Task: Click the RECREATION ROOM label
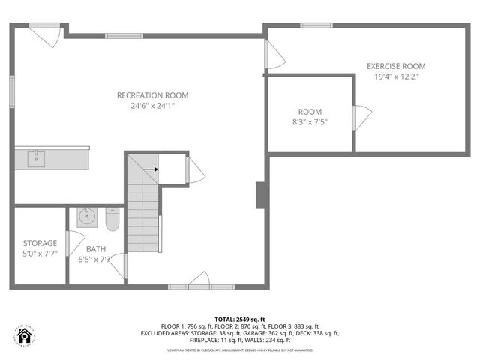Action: point(152,95)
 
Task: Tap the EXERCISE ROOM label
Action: point(396,66)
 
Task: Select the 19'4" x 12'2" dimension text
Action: point(396,76)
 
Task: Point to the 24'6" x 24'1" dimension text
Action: point(152,106)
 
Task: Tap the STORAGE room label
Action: point(39,243)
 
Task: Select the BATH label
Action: point(95,249)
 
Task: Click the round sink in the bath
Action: point(88,217)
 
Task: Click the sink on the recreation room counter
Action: point(37,158)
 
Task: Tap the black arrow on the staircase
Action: point(155,169)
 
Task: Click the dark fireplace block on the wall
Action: point(261,196)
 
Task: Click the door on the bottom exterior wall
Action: point(199,280)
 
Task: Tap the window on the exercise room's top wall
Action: point(316,25)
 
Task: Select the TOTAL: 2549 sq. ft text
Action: point(239,319)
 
